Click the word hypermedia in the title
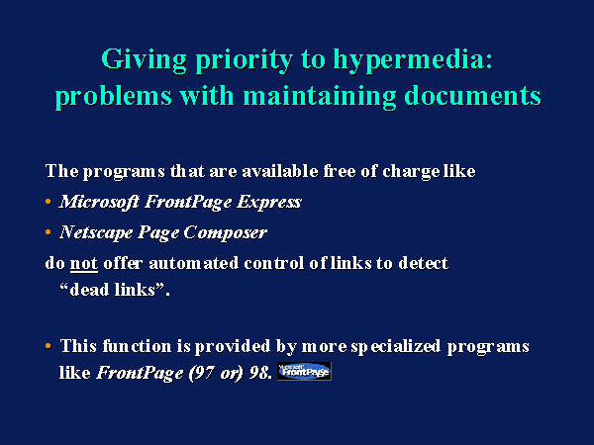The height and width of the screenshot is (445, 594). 413,60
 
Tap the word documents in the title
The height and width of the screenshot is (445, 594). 473,95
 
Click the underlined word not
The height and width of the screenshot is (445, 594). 84,263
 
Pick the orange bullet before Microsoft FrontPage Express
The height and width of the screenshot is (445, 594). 49,202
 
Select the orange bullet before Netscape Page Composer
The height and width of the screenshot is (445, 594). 49,232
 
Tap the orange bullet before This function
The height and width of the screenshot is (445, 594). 49,346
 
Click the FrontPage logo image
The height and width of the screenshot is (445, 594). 304,371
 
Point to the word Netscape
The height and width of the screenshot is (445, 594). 96,232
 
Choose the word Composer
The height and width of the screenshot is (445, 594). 226,233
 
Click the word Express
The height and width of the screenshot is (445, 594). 269,203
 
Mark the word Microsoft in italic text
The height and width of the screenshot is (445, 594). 99,202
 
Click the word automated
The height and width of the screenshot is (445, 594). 194,263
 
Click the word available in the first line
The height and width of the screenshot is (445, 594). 280,171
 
